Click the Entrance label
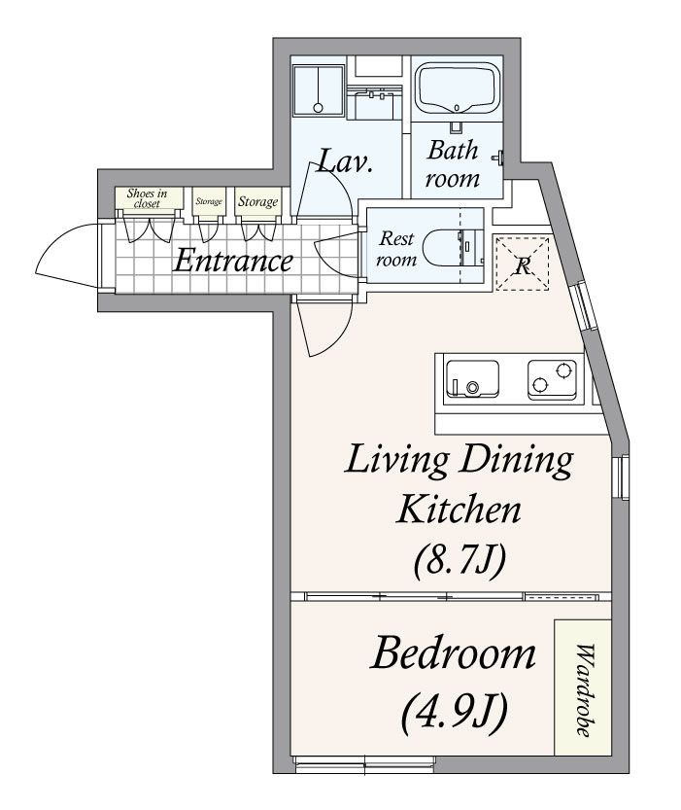(233, 261)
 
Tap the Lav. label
(344, 161)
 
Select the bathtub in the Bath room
(458, 88)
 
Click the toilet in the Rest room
(453, 249)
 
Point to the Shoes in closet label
(148, 198)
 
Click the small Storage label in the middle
(209, 201)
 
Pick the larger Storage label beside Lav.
(257, 201)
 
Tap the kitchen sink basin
(472, 378)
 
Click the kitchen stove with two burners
(552, 378)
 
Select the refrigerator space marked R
(522, 264)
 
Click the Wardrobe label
(584, 689)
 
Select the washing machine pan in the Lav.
(318, 89)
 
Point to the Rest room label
(396, 249)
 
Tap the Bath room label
(453, 164)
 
